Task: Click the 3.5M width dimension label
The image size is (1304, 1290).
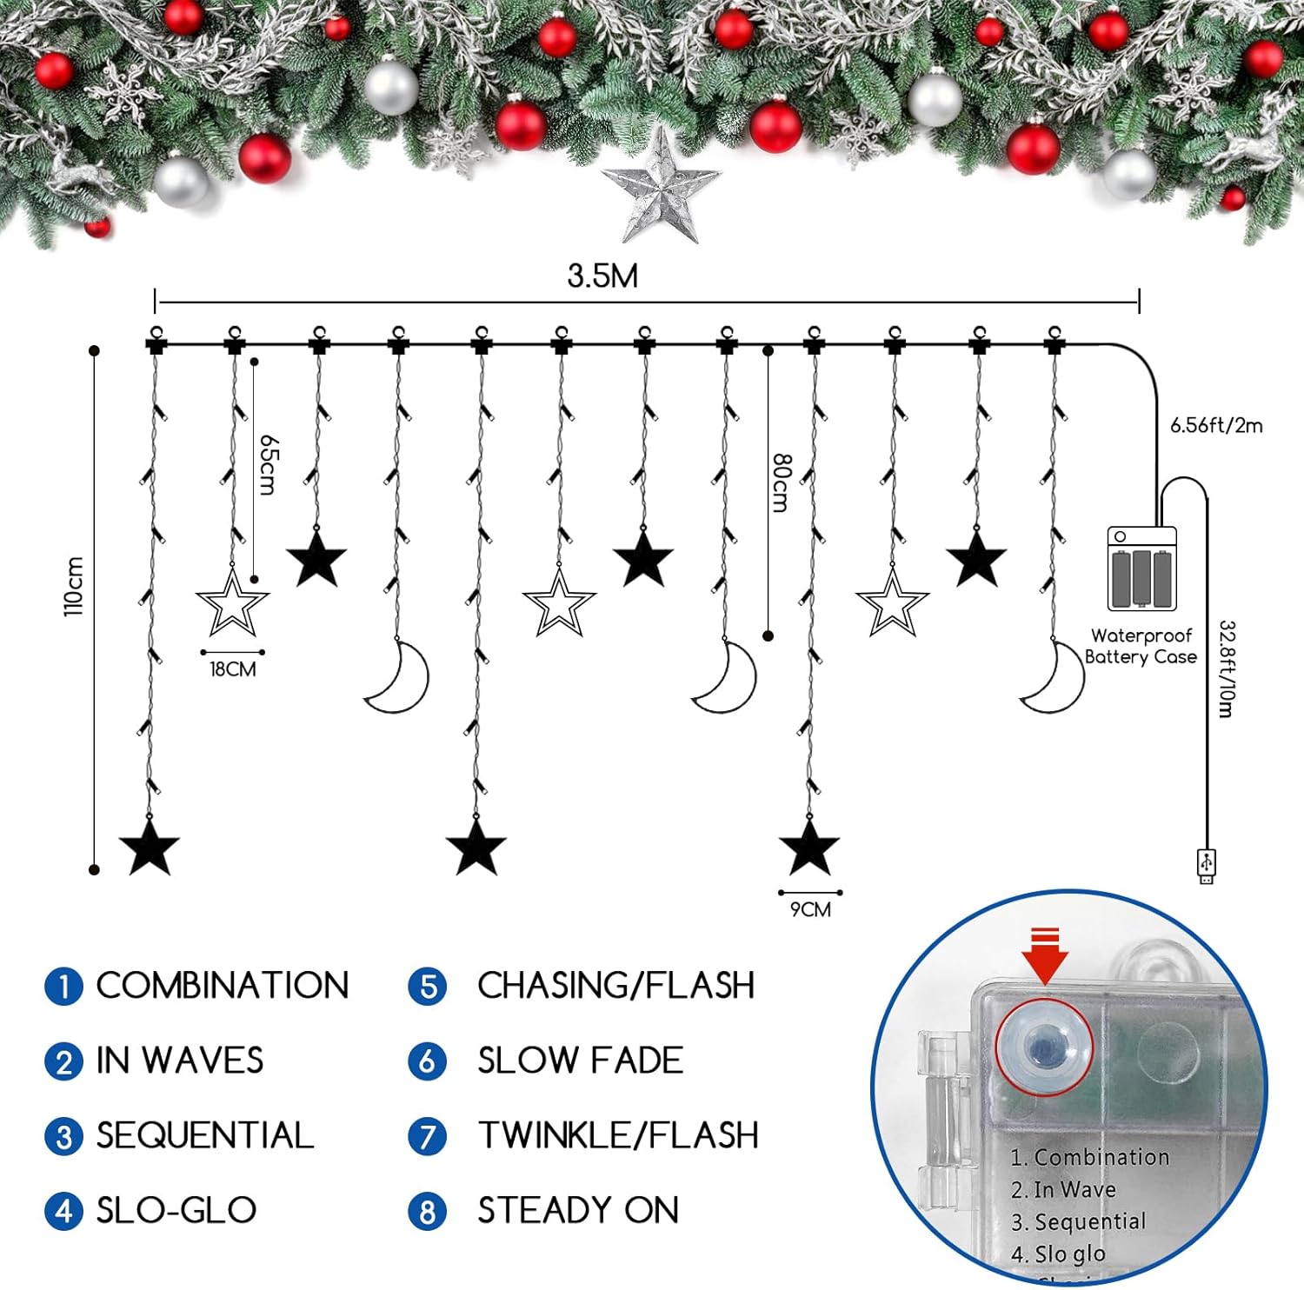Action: pyautogui.click(x=602, y=276)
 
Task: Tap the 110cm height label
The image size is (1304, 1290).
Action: pyautogui.click(x=74, y=587)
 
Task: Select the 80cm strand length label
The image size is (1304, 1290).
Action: pyautogui.click(x=781, y=482)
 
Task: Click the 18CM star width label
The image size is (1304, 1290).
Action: pyautogui.click(x=232, y=669)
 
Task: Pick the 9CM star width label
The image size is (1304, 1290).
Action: pyautogui.click(x=810, y=910)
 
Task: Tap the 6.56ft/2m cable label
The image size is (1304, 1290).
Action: pyautogui.click(x=1215, y=425)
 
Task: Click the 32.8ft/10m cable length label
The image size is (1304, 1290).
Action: pyautogui.click(x=1226, y=668)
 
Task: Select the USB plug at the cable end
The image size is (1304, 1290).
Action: pyautogui.click(x=1207, y=865)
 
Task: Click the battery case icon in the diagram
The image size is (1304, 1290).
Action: pyautogui.click(x=1141, y=569)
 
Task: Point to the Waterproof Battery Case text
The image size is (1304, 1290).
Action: pyautogui.click(x=1141, y=646)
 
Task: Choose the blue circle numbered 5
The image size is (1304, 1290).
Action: pyautogui.click(x=427, y=987)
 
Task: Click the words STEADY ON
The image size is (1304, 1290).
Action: pyautogui.click(x=578, y=1210)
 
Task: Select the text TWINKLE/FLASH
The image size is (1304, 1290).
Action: pyautogui.click(x=618, y=1135)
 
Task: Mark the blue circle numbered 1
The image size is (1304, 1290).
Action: pyautogui.click(x=63, y=987)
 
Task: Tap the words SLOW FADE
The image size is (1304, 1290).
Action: pyautogui.click(x=580, y=1061)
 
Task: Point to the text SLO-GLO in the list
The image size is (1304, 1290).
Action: pyautogui.click(x=176, y=1210)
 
